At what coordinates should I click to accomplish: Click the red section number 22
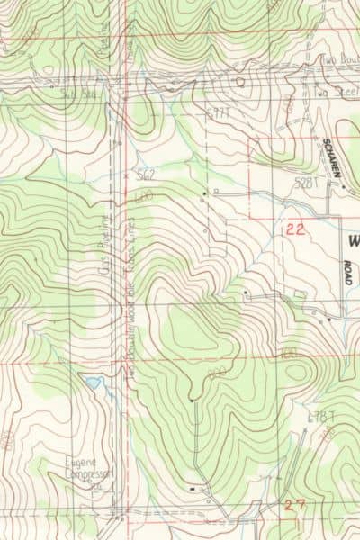[295, 229]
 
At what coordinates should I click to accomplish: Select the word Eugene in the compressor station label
[80, 460]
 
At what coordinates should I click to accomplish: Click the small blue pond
[92, 382]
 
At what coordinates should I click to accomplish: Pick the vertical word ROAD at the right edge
[348, 273]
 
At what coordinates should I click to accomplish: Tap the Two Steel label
[335, 91]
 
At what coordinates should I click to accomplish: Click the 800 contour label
[216, 372]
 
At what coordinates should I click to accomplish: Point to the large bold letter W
[352, 240]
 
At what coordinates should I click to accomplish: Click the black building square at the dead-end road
[193, 398]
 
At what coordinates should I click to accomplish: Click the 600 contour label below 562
[144, 194]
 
